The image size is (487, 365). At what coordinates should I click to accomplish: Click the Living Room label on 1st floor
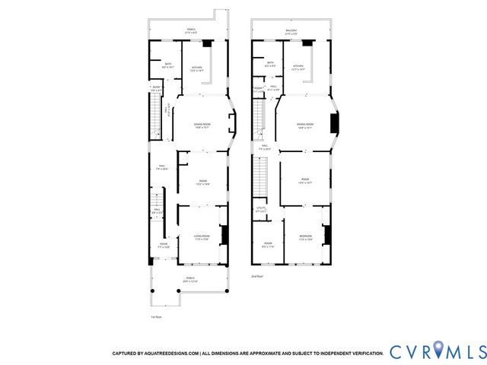pos(200,240)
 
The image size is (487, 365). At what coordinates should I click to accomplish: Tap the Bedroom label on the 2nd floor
pos(304,238)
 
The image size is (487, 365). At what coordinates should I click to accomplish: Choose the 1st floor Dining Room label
pos(202,125)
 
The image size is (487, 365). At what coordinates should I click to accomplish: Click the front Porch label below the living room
pos(189,280)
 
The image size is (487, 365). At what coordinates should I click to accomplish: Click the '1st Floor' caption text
pos(156,316)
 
